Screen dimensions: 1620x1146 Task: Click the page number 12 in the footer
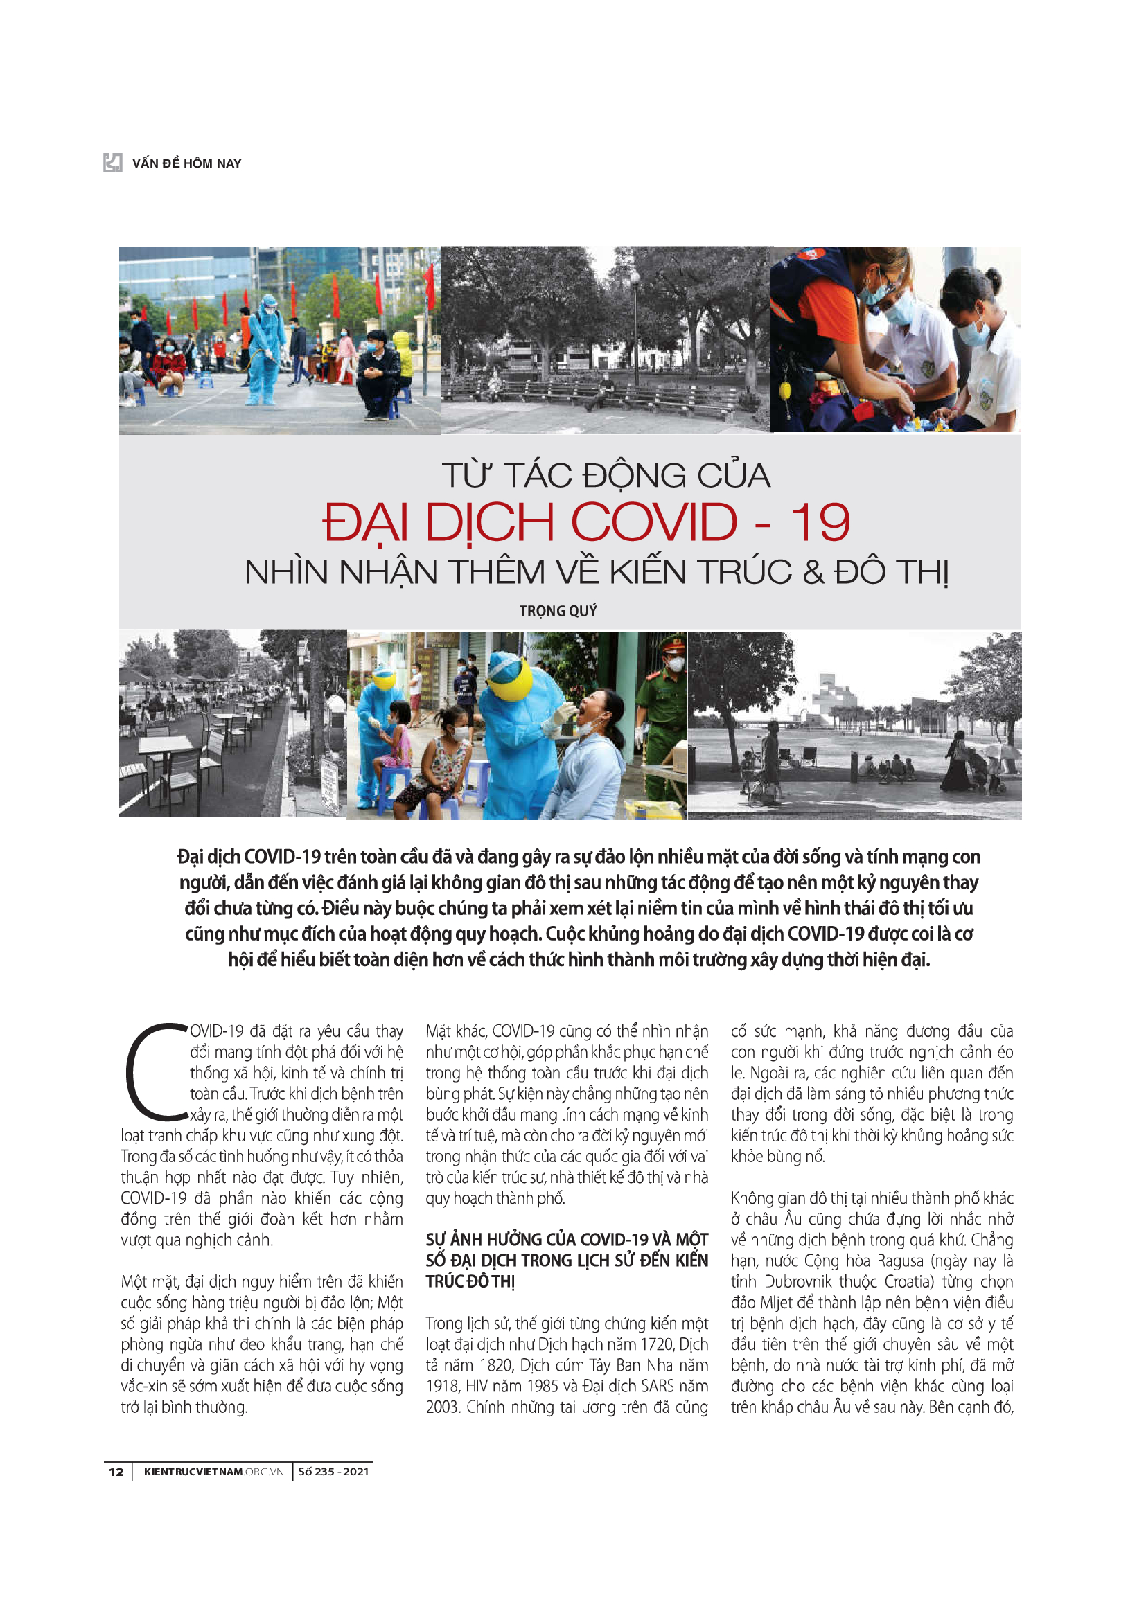click(x=116, y=1472)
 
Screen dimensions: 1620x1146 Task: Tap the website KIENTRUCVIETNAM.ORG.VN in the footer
click(x=213, y=1472)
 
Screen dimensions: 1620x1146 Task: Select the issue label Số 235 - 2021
click(x=333, y=1472)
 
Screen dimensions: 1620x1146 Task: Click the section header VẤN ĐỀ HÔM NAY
click(x=186, y=163)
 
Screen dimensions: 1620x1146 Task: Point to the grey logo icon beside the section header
click(x=113, y=163)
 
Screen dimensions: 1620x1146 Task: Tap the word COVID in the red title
click(x=653, y=523)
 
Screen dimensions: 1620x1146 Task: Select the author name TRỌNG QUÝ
click(x=558, y=611)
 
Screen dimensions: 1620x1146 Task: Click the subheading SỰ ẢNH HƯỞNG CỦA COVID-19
click(x=566, y=1240)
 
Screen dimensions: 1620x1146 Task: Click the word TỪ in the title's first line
click(x=466, y=476)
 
